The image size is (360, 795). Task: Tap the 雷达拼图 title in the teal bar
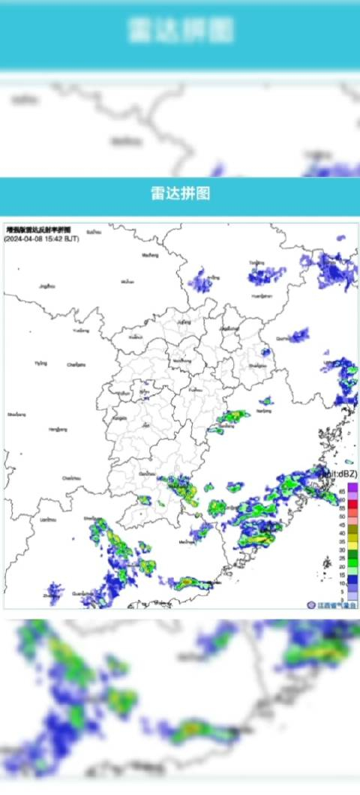(180, 193)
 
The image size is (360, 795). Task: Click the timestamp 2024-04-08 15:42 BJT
(41, 238)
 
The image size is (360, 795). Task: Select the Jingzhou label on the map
(48, 286)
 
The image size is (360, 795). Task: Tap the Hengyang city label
(58, 430)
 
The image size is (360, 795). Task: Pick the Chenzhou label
(71, 477)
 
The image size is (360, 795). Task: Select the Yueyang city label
(80, 330)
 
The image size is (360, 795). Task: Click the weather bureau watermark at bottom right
(332, 604)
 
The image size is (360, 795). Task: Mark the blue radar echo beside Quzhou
(298, 334)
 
